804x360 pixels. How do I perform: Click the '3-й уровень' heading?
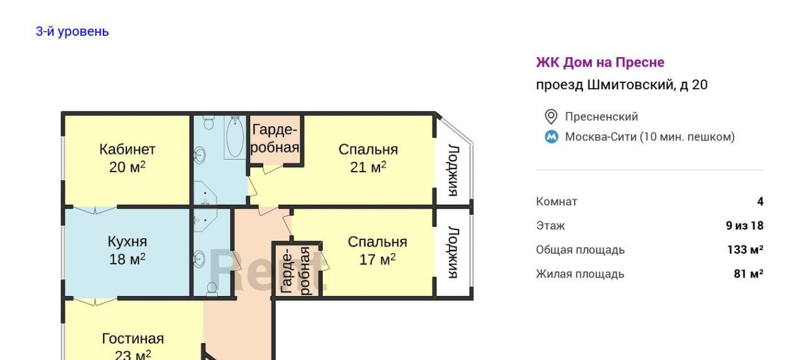(72, 31)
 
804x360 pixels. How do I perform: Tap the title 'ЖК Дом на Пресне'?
(600, 62)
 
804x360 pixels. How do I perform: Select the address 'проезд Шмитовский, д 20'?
(622, 85)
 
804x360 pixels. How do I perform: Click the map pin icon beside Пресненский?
(551, 117)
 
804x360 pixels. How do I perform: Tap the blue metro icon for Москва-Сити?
(551, 137)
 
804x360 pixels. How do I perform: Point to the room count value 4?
(760, 201)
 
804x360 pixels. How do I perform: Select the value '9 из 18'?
(745, 226)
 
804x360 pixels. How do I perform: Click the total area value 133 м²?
(746, 249)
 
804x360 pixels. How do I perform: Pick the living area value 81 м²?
(749, 273)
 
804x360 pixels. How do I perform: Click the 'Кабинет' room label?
(128, 150)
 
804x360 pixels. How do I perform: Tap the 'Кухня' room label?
(128, 241)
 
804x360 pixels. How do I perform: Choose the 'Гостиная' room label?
(133, 339)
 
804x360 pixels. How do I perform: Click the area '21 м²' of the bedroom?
(368, 167)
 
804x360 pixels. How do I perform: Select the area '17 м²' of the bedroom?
(378, 259)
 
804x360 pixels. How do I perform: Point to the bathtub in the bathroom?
(235, 138)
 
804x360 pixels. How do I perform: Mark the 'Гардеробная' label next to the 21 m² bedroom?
(275, 138)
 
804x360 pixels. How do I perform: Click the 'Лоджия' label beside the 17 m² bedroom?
(454, 253)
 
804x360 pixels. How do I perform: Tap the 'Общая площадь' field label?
(580, 250)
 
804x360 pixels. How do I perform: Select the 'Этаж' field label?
(550, 226)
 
